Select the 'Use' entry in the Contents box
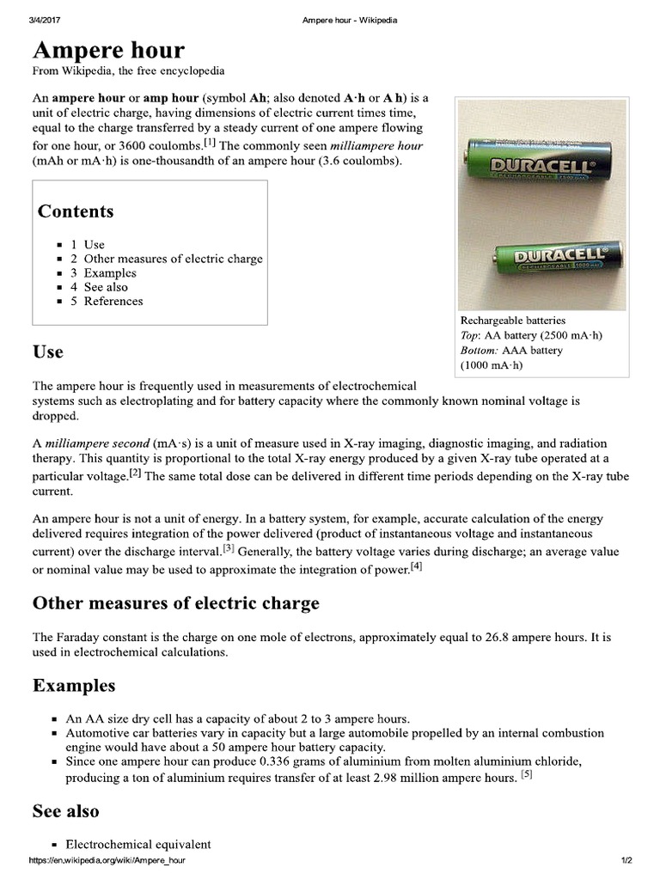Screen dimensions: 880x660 (x=94, y=244)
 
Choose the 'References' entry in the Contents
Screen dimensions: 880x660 (x=113, y=301)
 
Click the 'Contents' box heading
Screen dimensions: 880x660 (x=76, y=211)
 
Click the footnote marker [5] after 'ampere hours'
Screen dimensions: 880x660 (x=527, y=774)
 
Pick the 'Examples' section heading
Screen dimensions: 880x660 (x=74, y=685)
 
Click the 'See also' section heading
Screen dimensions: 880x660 (x=65, y=810)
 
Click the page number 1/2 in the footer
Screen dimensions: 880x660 (x=626, y=860)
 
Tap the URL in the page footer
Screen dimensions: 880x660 (x=107, y=860)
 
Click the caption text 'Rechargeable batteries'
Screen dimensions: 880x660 (x=513, y=320)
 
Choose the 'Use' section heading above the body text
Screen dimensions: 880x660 (x=47, y=352)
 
